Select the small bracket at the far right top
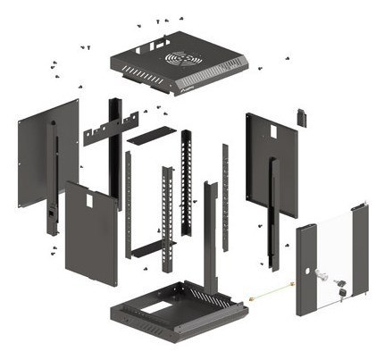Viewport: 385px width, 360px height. (x=302, y=118)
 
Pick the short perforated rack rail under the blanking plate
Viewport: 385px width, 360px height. (x=188, y=179)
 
